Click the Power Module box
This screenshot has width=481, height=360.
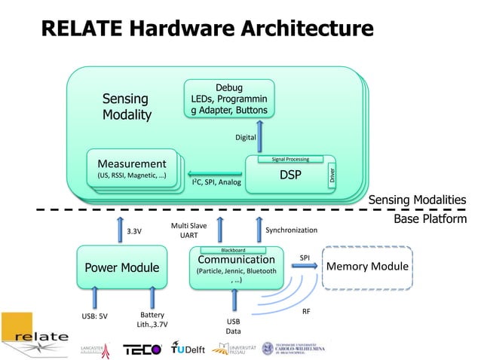(x=121, y=267)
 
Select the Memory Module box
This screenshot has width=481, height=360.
(x=367, y=267)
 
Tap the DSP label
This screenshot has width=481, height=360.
(x=290, y=175)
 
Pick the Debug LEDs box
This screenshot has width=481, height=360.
(x=229, y=99)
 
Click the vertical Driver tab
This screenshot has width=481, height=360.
(x=332, y=175)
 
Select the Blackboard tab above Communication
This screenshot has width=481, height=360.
(x=232, y=250)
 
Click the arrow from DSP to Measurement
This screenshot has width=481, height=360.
(x=213, y=173)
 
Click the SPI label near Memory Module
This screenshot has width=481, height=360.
(x=305, y=257)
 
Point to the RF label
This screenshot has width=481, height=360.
(x=307, y=310)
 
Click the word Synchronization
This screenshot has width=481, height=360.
(x=292, y=230)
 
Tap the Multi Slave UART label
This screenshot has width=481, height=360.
(x=189, y=230)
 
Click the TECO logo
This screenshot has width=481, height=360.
(x=142, y=349)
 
